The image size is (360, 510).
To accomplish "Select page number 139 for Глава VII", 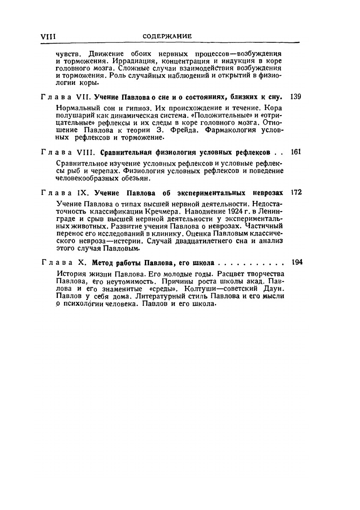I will pyautogui.click(x=296, y=97).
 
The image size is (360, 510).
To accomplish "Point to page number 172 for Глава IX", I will pyautogui.click(x=296, y=192).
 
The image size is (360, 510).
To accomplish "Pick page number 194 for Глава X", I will pyautogui.click(x=296, y=262).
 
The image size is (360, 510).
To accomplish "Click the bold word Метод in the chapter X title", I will pyautogui.click(x=103, y=262).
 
